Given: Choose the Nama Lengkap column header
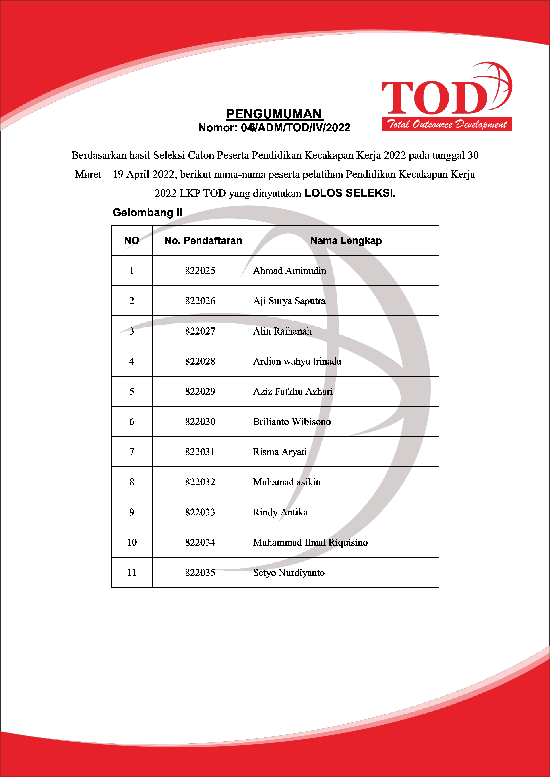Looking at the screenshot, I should [346, 241].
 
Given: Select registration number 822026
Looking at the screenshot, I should [200, 301].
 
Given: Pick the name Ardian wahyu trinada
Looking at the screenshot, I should [297, 362].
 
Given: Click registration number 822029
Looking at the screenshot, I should [200, 392].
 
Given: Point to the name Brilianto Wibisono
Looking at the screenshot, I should [292, 422].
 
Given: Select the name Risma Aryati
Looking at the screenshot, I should [280, 452].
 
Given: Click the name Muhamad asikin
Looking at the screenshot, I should [287, 482].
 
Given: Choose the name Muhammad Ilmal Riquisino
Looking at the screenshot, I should [310, 542].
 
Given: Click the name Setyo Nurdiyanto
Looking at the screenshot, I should [289, 573].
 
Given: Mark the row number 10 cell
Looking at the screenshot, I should [132, 542].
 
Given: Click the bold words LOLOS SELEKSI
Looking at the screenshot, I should [350, 193].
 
